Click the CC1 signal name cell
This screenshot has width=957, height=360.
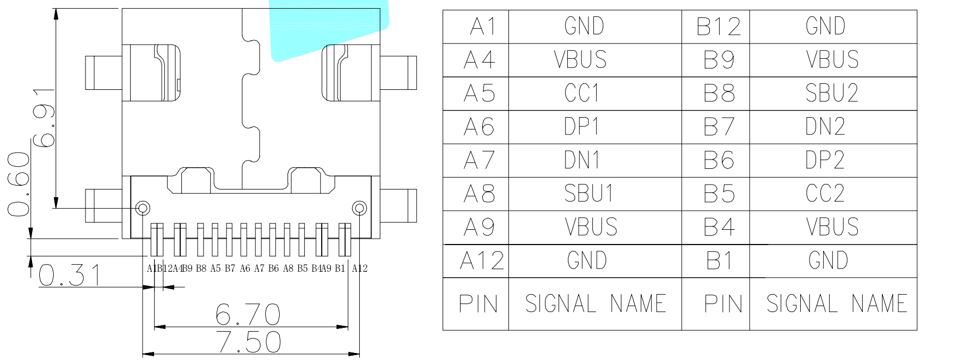click(582, 93)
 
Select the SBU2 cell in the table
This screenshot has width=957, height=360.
click(832, 93)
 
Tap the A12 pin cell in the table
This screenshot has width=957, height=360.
click(481, 261)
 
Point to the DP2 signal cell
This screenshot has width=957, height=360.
click(825, 161)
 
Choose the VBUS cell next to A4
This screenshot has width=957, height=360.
click(581, 60)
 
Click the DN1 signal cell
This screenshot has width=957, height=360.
click(582, 161)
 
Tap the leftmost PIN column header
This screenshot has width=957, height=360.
click(478, 304)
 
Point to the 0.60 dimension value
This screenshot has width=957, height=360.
click(19, 184)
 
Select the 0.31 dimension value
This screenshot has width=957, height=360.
click(70, 276)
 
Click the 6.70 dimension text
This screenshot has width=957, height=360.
click(248, 314)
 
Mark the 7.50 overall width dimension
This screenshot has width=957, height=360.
click(249, 342)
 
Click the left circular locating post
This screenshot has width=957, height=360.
click(143, 208)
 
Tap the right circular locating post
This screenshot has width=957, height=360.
click(359, 208)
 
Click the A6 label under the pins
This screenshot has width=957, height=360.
click(245, 269)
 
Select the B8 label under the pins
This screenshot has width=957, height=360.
click(201, 269)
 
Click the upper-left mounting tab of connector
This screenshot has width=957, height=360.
click(103, 72)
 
